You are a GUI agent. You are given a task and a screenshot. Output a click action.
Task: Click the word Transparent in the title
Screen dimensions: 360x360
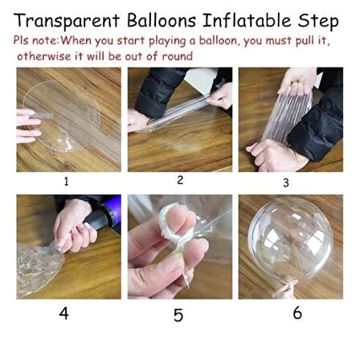[67, 21]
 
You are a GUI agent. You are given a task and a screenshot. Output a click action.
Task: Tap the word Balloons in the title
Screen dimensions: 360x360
[162, 20]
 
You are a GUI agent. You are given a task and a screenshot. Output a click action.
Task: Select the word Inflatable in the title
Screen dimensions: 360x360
[247, 20]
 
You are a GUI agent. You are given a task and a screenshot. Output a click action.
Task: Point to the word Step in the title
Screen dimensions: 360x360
[318, 22]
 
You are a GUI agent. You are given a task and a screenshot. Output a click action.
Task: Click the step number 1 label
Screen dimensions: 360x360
[66, 182]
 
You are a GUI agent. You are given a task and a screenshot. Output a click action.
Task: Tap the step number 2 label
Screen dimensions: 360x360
[180, 180]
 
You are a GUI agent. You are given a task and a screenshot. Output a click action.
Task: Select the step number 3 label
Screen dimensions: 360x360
[286, 183]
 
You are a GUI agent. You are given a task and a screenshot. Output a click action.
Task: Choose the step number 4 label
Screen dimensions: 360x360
[63, 313]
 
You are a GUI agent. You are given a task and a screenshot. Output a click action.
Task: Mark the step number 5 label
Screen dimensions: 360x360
[178, 315]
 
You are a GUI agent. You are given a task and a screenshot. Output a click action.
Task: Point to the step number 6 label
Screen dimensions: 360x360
[297, 313]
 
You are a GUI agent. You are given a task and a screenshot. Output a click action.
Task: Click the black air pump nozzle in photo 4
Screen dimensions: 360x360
[97, 219]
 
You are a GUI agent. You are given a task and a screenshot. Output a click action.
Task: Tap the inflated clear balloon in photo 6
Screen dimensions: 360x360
[290, 239]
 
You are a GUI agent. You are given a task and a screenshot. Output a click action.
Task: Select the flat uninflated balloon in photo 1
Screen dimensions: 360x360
[64, 118]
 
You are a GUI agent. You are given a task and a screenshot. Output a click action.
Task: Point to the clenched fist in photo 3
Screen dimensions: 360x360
[273, 156]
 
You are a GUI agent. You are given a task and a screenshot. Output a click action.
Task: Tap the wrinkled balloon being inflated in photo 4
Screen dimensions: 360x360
[38, 268]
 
